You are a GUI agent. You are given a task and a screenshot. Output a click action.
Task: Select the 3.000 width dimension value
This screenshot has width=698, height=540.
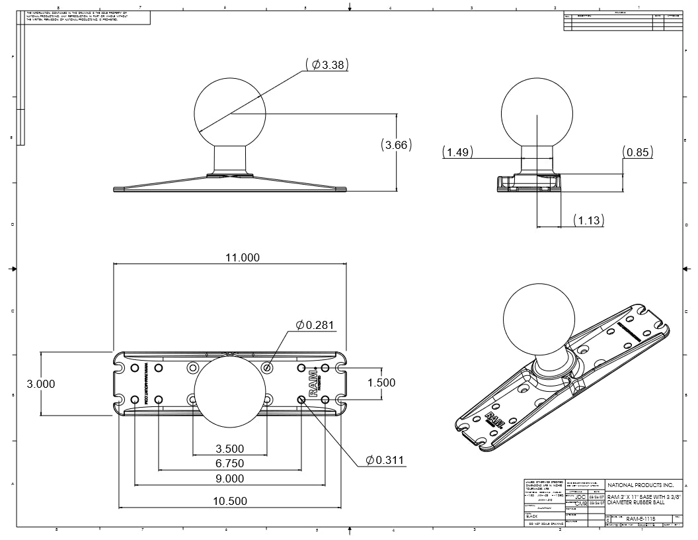40,384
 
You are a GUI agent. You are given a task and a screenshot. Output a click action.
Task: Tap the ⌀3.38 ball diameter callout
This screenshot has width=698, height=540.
327,64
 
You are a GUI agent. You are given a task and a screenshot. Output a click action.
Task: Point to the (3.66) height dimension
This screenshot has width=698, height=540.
396,145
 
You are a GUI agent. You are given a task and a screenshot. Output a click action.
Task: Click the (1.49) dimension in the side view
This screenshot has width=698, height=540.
457,152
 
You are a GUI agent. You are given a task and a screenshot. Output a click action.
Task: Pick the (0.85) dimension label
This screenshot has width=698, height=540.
638,152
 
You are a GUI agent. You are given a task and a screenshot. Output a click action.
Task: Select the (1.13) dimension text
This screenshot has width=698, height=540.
588,220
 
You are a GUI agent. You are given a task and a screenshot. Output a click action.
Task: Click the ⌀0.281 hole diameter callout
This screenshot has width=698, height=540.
316,325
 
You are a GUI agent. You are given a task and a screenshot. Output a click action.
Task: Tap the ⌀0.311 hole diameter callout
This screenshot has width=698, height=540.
387,460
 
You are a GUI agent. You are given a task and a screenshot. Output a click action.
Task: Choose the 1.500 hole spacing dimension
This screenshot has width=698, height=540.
381,382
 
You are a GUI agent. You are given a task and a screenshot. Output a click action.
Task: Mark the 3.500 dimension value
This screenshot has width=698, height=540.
229,449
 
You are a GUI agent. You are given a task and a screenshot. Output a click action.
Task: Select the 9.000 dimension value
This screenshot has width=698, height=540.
229,478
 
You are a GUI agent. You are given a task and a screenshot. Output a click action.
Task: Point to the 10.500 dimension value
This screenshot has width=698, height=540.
229,501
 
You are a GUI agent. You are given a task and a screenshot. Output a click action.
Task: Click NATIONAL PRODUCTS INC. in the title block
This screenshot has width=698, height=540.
640,485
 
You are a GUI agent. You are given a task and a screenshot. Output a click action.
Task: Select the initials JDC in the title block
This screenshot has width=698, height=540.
580,496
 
